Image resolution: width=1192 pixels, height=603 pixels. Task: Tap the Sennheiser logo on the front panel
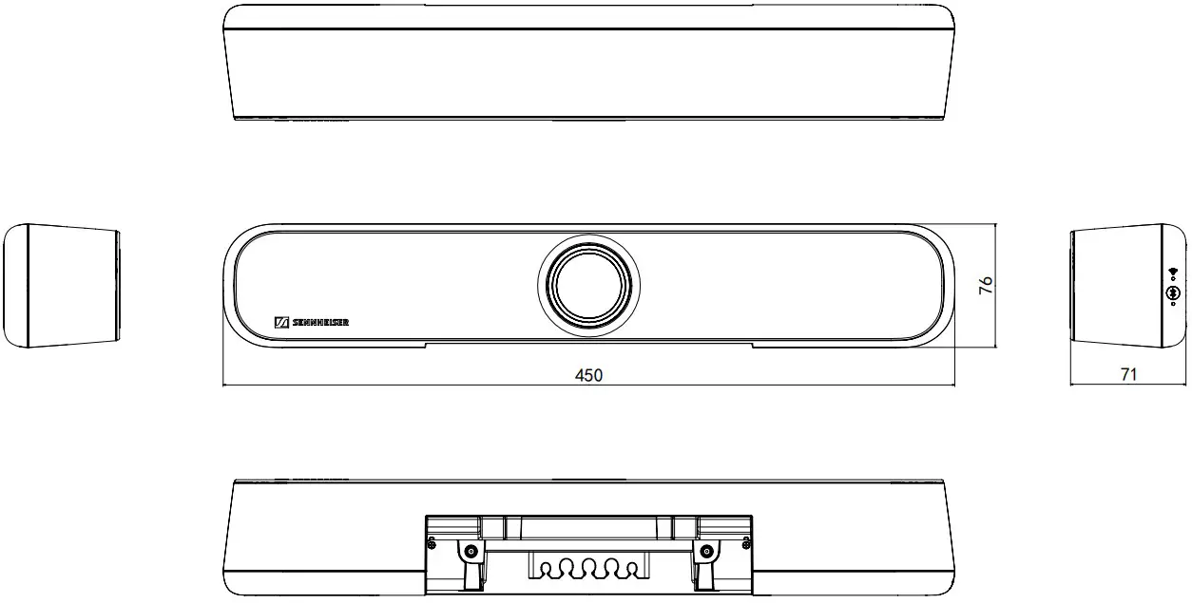coord(312,323)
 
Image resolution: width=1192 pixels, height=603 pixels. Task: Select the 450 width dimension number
coord(588,375)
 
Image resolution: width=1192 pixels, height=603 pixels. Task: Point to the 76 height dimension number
coord(986,285)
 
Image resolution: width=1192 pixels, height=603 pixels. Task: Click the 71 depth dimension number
coord(1128,375)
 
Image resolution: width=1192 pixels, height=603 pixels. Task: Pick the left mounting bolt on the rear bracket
coord(469,553)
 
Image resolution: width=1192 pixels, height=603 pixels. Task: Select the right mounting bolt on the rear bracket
coord(705,553)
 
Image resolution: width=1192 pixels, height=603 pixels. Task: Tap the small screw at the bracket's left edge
coord(433,542)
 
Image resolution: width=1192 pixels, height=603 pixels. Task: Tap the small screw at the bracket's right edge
coord(743,542)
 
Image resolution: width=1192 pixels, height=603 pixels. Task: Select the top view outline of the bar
coord(588,61)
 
